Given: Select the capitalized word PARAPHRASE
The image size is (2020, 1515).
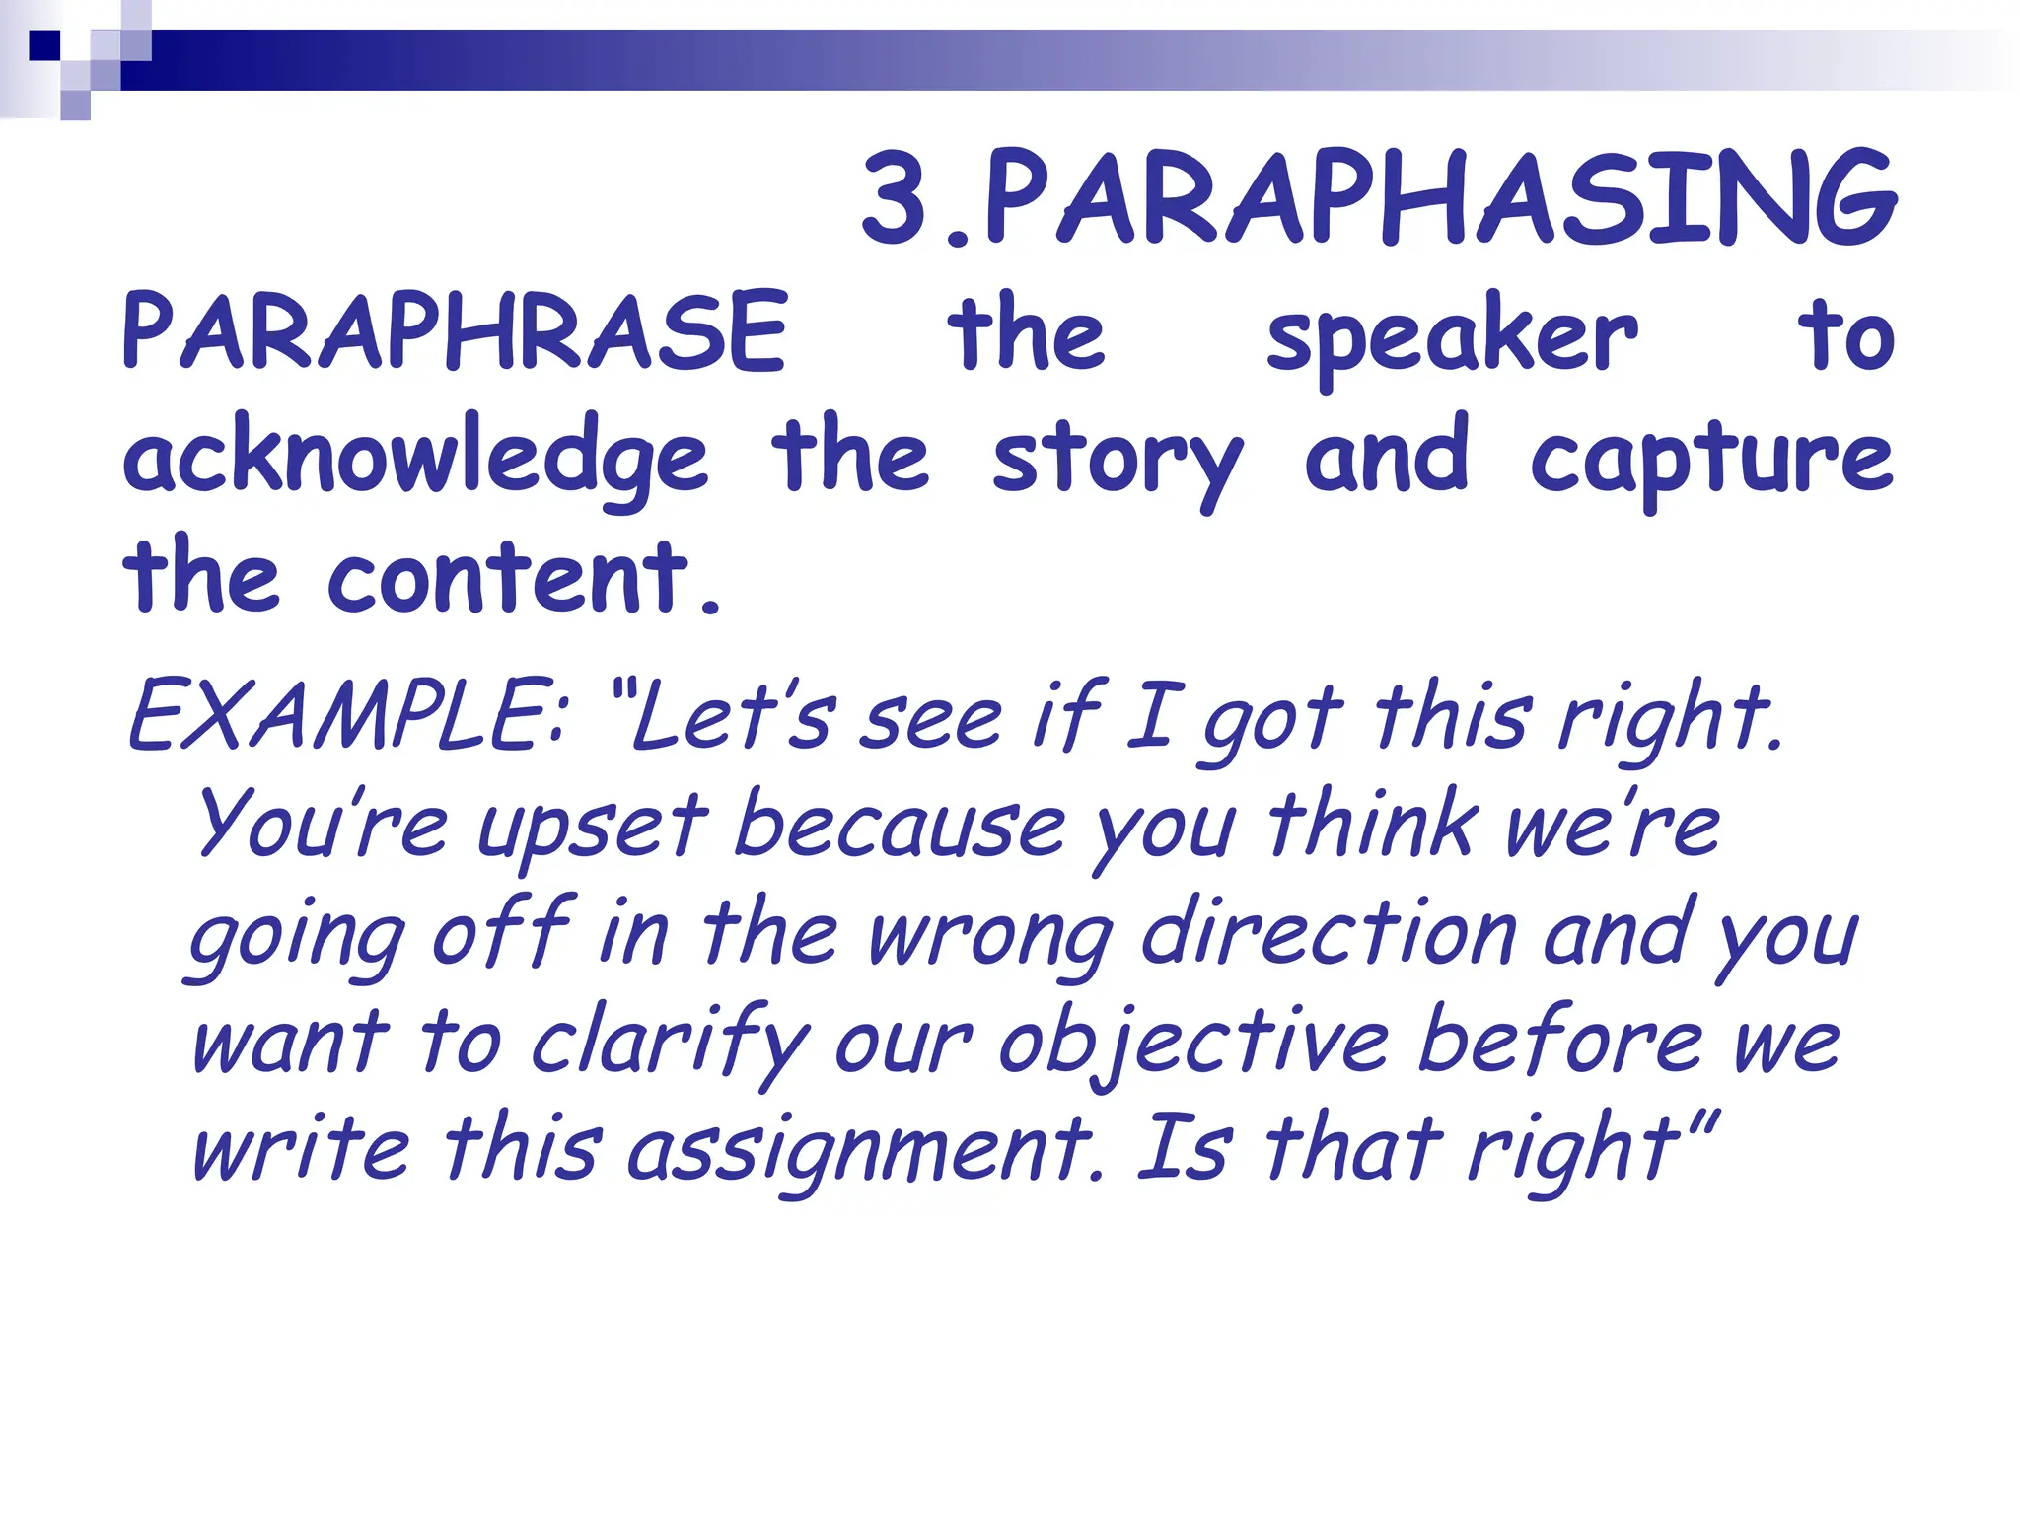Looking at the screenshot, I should click(455, 331).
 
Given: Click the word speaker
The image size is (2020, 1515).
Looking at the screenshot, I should click(1452, 335).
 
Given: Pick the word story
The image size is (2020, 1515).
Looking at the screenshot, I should click(1117, 460).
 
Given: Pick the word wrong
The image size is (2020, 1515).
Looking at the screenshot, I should click(991, 937).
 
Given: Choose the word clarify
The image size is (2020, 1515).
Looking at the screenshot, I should click(671, 1044).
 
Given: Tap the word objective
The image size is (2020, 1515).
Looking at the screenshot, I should click(1193, 1044).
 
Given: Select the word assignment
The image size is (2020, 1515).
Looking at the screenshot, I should click(860, 1152).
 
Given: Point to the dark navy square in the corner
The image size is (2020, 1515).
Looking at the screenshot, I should click(44, 45).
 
